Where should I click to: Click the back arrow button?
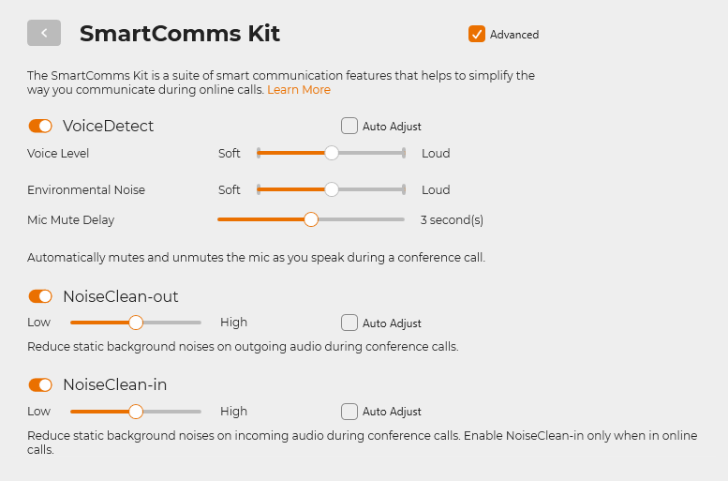pyautogui.click(x=44, y=33)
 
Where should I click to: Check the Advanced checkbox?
pyautogui.click(x=477, y=34)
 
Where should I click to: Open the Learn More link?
pyautogui.click(x=299, y=90)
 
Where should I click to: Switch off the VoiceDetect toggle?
pyautogui.click(x=40, y=126)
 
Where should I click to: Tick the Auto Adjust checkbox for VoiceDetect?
pyautogui.click(x=349, y=126)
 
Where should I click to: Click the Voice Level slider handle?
pyautogui.click(x=332, y=153)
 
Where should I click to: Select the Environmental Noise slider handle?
pyautogui.click(x=332, y=189)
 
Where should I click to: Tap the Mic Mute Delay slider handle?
pyautogui.click(x=311, y=219)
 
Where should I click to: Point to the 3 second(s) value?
pyautogui.click(x=452, y=219)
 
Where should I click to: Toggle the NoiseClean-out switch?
pyautogui.click(x=40, y=296)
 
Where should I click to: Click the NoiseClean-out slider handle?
pyautogui.click(x=136, y=323)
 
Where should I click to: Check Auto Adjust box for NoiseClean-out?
pyautogui.click(x=349, y=323)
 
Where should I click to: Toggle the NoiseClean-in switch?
pyautogui.click(x=40, y=384)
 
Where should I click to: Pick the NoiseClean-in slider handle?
pyautogui.click(x=136, y=412)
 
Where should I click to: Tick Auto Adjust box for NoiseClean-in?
pyautogui.click(x=349, y=412)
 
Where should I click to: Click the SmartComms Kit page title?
pyautogui.click(x=180, y=34)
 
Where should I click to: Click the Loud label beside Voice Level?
pyautogui.click(x=436, y=154)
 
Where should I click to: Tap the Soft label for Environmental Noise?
pyautogui.click(x=230, y=190)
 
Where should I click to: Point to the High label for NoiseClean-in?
pyautogui.click(x=233, y=412)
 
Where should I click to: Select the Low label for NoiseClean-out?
pyautogui.click(x=39, y=323)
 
